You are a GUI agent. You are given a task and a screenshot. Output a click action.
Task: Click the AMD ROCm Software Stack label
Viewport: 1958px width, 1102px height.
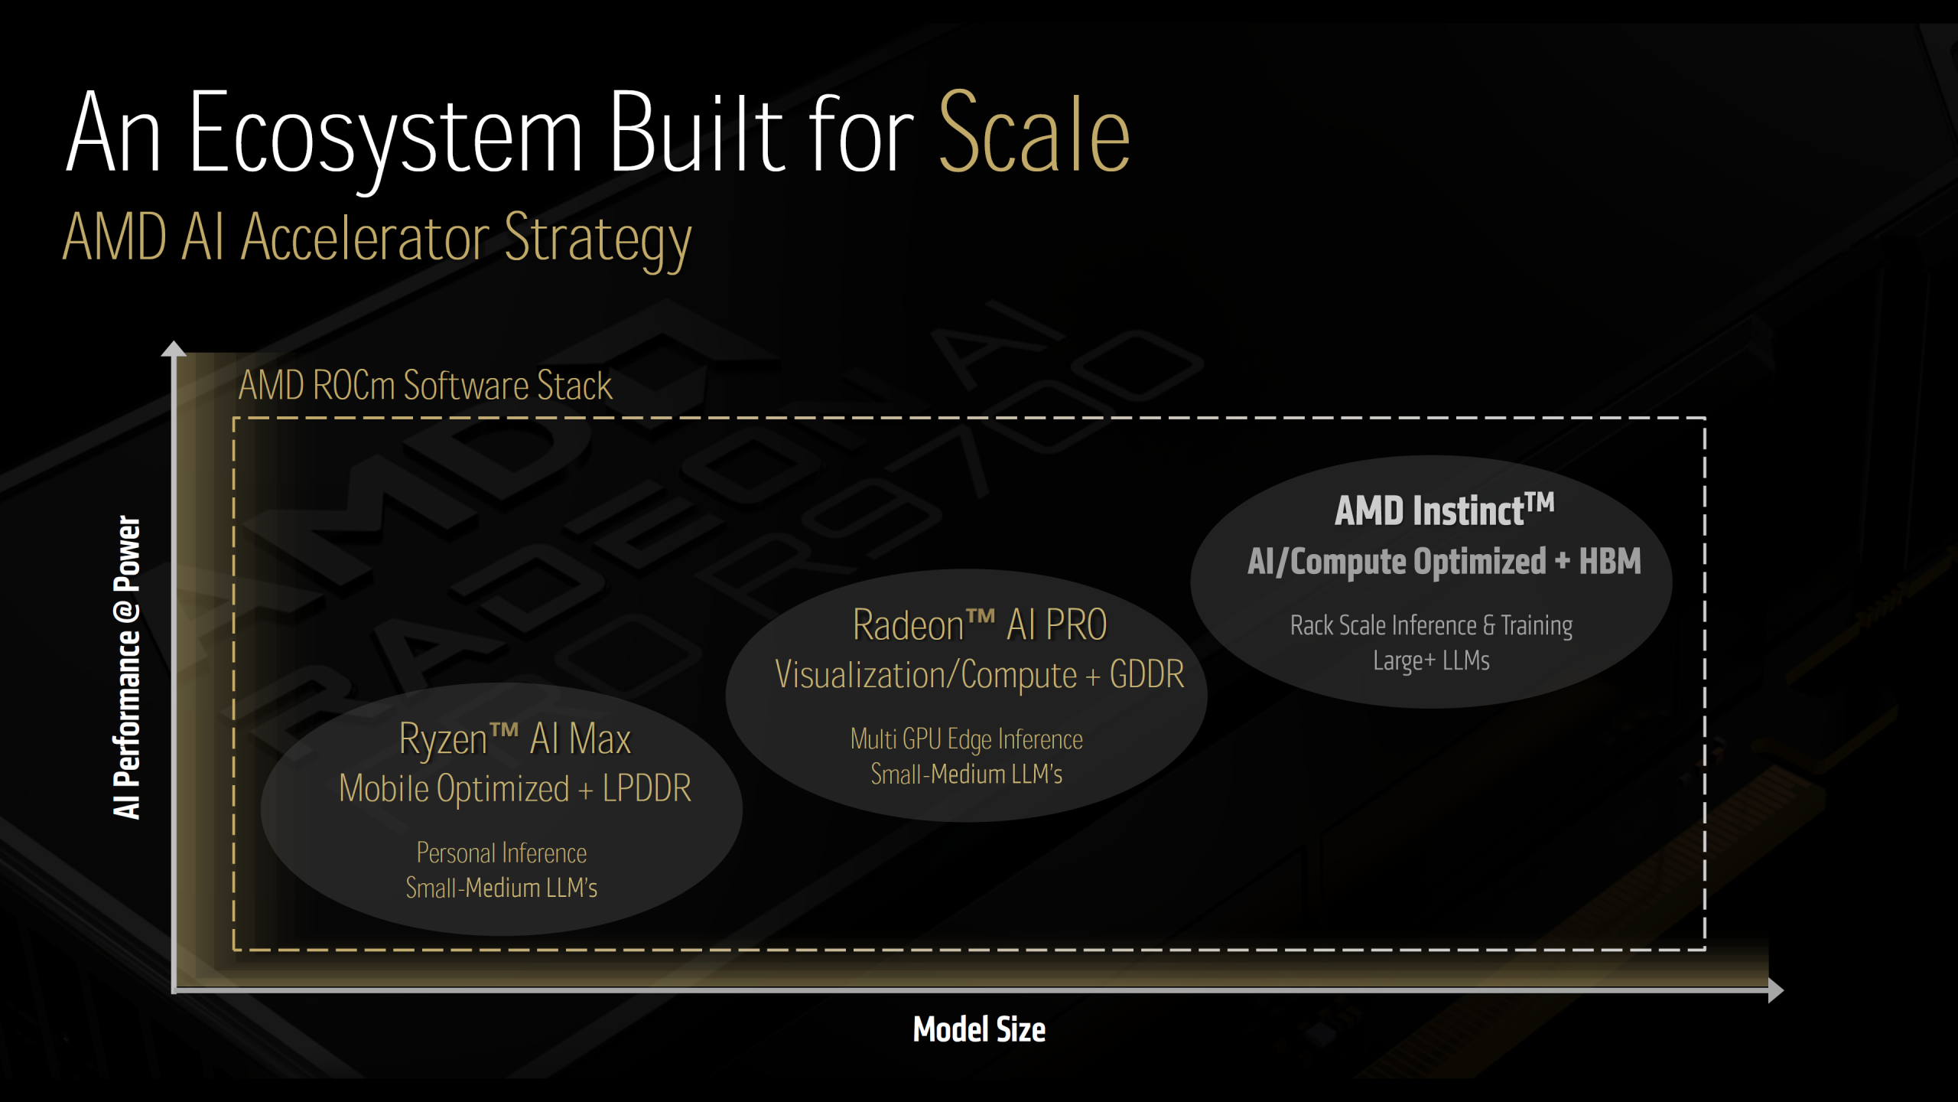pyautogui.click(x=425, y=385)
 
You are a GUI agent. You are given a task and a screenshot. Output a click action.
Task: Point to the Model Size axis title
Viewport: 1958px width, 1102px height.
pyautogui.click(x=979, y=1029)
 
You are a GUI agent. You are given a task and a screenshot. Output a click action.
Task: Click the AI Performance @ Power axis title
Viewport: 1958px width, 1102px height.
pyautogui.click(x=127, y=667)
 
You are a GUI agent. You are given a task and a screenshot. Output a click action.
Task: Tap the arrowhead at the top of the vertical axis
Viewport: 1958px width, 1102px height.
pyautogui.click(x=174, y=348)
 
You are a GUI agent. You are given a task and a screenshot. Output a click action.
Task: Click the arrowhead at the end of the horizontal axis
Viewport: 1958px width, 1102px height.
pyautogui.click(x=1776, y=990)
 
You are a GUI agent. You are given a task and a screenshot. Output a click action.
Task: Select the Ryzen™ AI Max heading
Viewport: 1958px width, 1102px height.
pyautogui.click(x=515, y=739)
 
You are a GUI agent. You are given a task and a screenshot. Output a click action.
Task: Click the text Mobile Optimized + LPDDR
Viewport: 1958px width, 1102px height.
pyautogui.click(x=515, y=788)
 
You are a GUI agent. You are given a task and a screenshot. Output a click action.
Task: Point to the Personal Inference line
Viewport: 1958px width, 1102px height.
pyautogui.click(x=502, y=853)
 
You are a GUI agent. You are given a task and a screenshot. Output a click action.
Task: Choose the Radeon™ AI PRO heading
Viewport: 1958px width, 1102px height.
pyautogui.click(x=980, y=624)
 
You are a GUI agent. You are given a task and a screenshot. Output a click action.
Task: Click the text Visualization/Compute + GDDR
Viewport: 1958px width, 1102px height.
pyautogui.click(x=980, y=675)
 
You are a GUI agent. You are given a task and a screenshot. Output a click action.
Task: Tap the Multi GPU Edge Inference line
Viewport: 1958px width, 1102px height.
pyautogui.click(x=967, y=739)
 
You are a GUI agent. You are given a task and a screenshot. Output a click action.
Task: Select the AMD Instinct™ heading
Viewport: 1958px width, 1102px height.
pyautogui.click(x=1445, y=510)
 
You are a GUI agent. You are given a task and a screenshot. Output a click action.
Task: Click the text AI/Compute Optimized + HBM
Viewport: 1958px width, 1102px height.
pyautogui.click(x=1445, y=562)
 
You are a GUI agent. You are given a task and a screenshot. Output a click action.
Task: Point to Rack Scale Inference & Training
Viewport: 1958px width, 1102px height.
pyautogui.click(x=1431, y=625)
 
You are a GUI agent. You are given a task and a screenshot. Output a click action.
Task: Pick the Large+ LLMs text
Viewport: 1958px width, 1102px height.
pyautogui.click(x=1431, y=660)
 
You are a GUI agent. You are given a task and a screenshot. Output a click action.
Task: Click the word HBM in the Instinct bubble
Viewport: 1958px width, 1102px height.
pyautogui.click(x=1611, y=561)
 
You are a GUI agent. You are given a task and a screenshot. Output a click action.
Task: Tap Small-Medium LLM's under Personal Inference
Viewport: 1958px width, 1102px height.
pyautogui.click(x=502, y=888)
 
